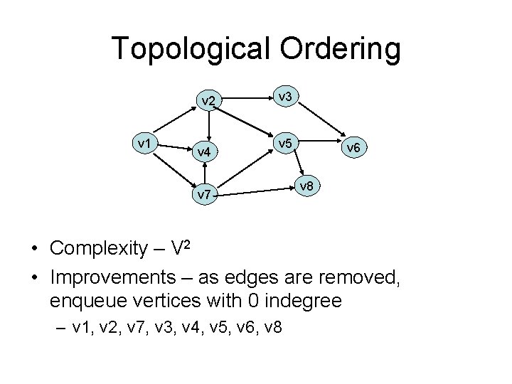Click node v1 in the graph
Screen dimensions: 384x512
(146, 144)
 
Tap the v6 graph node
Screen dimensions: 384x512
(353, 148)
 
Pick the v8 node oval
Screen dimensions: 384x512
(307, 186)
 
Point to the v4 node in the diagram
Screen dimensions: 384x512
(204, 151)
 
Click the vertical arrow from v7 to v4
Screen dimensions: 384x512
(205, 174)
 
